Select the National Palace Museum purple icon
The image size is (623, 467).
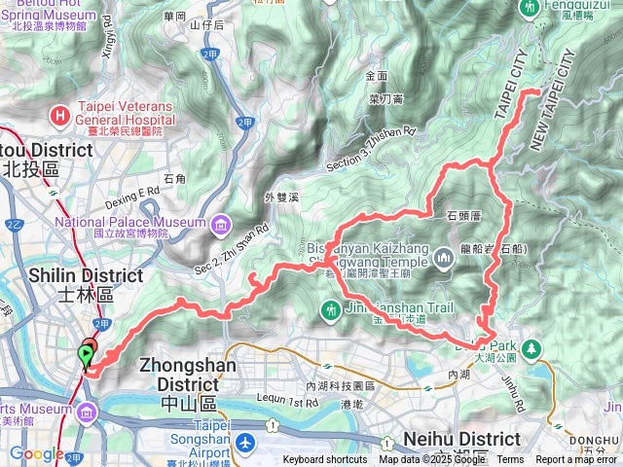tap(222, 226)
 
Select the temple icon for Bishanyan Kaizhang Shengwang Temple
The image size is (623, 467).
tap(443, 258)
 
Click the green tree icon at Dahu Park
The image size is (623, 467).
tap(532, 348)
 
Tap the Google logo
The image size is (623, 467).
tap(38, 454)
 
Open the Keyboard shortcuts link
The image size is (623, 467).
tap(326, 460)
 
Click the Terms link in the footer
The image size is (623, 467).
tap(510, 460)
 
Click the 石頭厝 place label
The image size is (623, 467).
tap(464, 214)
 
